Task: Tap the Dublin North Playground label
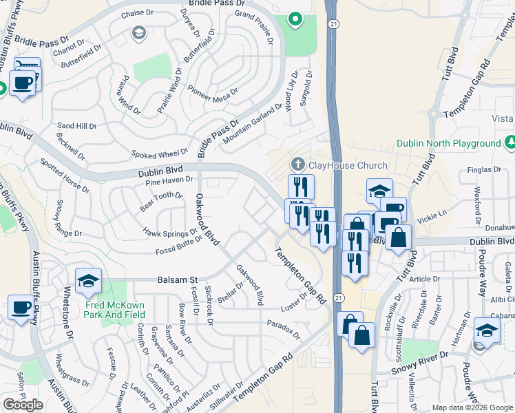coord(448,143)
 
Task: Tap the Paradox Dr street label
coord(284,330)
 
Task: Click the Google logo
coord(23,405)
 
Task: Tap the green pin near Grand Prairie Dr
coord(295,19)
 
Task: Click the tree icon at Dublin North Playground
coord(511,142)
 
